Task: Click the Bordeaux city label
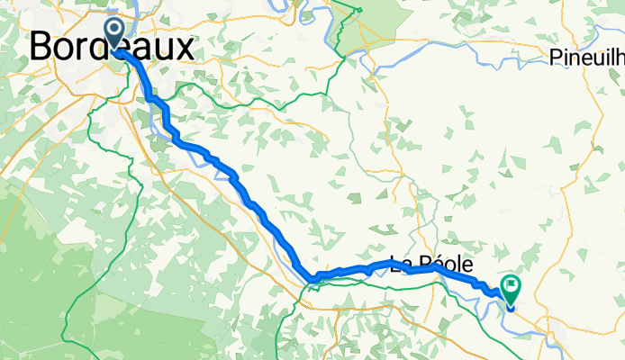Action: (x=112, y=47)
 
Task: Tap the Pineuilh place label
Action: (x=586, y=59)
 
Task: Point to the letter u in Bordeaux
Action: (x=163, y=49)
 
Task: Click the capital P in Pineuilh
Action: (x=555, y=59)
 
